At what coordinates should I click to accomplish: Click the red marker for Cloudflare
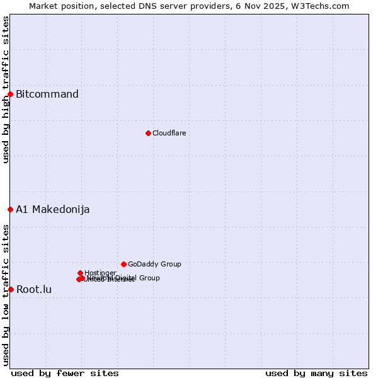click(x=148, y=133)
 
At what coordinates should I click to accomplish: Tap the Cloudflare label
click(x=169, y=133)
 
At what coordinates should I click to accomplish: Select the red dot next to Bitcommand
click(x=10, y=94)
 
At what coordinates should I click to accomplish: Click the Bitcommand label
click(x=47, y=94)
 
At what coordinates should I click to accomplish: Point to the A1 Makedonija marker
click(x=10, y=209)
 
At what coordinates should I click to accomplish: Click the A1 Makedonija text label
click(x=52, y=210)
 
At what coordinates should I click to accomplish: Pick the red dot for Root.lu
click(x=11, y=289)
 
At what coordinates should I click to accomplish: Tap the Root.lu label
click(x=34, y=290)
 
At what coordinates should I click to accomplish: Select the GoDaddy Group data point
click(x=123, y=264)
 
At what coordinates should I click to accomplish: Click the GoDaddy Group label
click(x=154, y=264)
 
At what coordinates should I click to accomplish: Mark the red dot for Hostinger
click(x=80, y=273)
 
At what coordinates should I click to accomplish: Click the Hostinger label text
click(x=100, y=273)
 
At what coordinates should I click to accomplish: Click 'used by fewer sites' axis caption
click(x=65, y=373)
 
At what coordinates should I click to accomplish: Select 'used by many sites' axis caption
click(x=316, y=373)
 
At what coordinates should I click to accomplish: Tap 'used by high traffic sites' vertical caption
click(x=6, y=90)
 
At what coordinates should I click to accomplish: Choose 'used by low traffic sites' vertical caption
click(x=6, y=295)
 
